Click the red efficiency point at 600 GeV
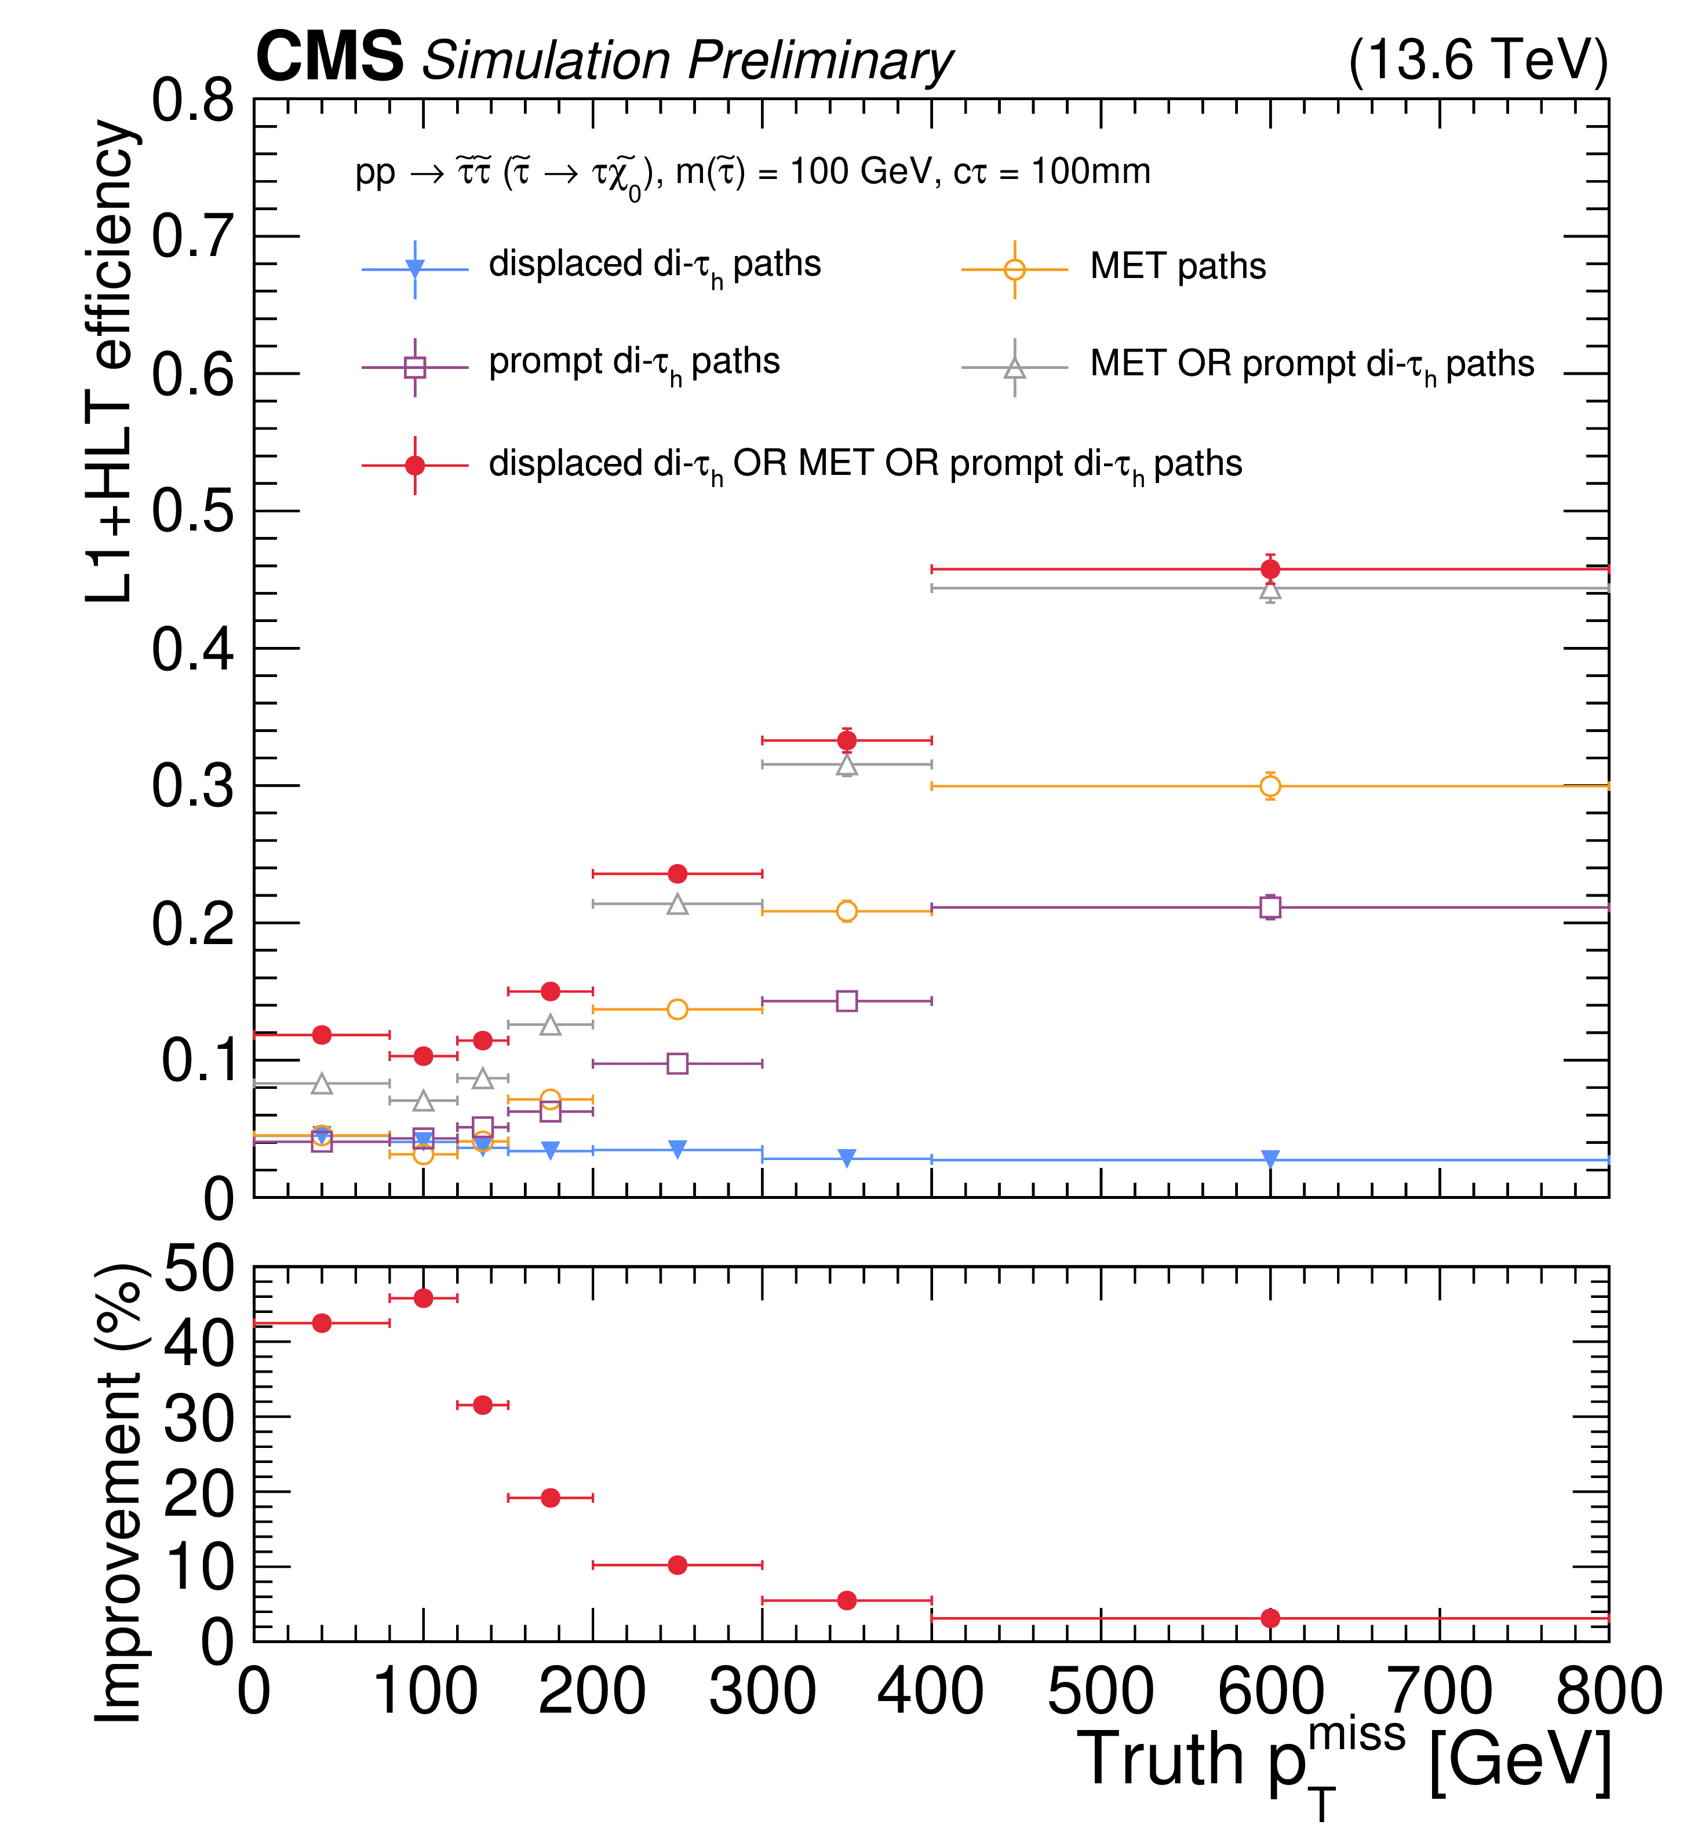tap(1270, 569)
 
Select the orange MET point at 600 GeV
tap(1270, 786)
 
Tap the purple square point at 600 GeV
tap(1270, 907)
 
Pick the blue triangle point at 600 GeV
tap(1270, 1159)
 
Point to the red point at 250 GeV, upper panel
tap(677, 873)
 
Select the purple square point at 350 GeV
tap(847, 1000)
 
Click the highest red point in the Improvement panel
tap(424, 1297)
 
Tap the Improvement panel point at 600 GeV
tap(1270, 1618)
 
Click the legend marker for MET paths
tap(1015, 269)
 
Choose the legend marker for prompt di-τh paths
tap(416, 367)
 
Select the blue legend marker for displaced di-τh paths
tap(416, 268)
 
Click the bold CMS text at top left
tap(329, 57)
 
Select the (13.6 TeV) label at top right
tap(1478, 60)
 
